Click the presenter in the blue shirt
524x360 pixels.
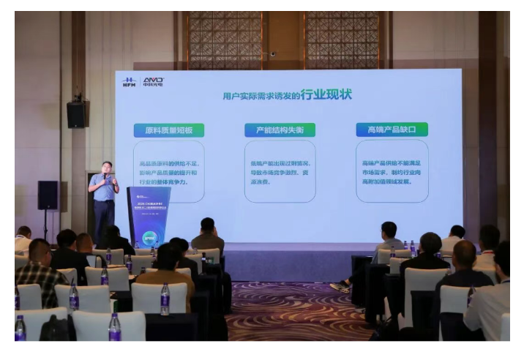point(104,198)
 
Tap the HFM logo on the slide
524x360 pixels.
point(130,82)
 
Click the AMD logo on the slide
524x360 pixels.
point(153,81)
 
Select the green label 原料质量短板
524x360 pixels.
point(169,130)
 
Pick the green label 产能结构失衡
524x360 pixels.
point(280,130)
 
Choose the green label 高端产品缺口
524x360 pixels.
point(392,130)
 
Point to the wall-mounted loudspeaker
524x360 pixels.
point(76,113)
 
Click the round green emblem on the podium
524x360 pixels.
point(150,238)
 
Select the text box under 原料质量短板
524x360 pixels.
point(169,172)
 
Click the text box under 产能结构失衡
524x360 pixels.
point(280,172)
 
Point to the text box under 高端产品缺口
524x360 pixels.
point(392,172)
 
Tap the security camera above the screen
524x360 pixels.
point(272,54)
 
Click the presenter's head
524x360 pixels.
point(106,168)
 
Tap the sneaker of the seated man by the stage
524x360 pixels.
point(340,287)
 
